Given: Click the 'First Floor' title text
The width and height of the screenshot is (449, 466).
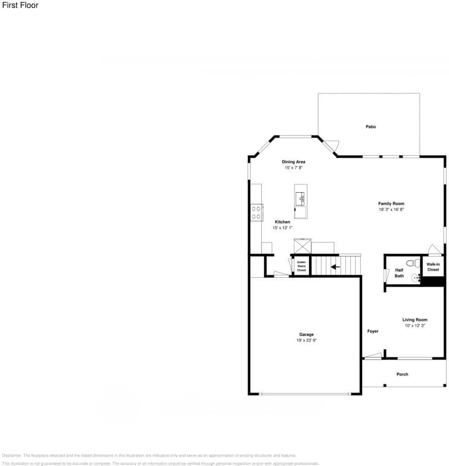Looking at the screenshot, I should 20,6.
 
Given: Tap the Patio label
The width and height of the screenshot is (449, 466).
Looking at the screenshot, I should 370,127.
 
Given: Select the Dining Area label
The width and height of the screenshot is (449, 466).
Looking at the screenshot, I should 293,162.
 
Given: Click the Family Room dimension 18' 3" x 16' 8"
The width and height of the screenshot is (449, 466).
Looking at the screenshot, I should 391,209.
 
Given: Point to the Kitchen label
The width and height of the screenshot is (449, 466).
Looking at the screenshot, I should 282,222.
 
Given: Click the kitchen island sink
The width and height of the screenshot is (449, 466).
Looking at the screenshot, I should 301,199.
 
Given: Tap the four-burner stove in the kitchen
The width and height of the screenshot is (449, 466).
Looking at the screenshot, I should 256,212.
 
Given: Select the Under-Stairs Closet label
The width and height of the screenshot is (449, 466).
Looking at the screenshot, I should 301,266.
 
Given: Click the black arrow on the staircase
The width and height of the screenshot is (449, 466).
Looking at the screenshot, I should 335,267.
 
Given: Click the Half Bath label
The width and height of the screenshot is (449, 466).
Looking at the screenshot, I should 399,273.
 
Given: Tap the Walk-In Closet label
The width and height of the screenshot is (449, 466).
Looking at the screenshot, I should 433,267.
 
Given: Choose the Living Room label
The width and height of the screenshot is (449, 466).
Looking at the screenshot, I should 414,320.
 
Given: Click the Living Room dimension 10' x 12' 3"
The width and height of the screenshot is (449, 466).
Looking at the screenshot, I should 414,326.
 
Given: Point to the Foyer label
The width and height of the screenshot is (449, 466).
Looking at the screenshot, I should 373,331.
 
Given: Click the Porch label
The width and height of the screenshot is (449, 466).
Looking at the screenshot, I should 402,375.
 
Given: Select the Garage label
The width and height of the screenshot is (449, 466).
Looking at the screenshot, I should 306,334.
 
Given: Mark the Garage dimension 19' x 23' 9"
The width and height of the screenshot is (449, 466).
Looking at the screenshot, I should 306,340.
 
